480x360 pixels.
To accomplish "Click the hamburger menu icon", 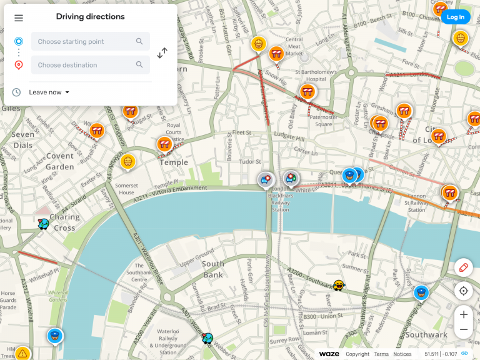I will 19,18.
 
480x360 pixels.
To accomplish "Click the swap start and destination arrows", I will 162,53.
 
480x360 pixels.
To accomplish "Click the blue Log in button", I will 455,17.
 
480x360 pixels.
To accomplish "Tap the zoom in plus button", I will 463,314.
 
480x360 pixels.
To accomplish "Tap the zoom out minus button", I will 463,330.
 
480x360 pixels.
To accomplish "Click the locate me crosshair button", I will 463,291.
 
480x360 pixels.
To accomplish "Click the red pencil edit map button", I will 463,267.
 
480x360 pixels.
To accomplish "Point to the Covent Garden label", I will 60,162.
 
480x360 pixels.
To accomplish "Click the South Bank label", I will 213,269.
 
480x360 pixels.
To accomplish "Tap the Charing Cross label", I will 64,222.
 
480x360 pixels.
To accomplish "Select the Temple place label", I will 174,162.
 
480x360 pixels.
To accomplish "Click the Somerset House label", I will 126,189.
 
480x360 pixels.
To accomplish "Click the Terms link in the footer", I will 381,354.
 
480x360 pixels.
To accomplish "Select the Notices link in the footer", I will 402,354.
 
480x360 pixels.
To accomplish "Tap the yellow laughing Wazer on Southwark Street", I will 339,286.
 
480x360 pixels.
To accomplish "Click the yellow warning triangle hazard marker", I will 22,354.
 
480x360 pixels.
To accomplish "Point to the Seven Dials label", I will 23,140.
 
